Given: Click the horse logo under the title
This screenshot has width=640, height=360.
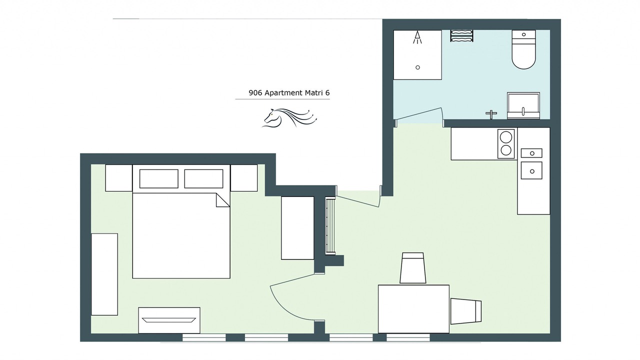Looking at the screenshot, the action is point(289,117).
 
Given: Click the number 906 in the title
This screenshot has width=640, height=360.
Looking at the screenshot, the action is point(255,93).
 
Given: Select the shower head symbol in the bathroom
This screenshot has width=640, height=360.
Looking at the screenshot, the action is point(417,37).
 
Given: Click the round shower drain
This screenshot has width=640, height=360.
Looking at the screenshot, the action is point(417,67).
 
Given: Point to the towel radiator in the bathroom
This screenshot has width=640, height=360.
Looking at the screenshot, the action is point(461,35).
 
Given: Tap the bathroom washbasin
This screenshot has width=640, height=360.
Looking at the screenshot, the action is point(523,105).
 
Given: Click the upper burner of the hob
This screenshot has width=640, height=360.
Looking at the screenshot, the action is point(506,136).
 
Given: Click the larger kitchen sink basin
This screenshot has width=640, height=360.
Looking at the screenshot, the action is point(531,170).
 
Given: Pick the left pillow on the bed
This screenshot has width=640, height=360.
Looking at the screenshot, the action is point(159,179).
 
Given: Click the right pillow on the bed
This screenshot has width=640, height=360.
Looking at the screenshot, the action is point(203,179).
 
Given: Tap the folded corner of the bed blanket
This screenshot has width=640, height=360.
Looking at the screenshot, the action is point(223,200).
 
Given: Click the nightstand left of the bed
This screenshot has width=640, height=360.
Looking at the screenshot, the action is point(119,178).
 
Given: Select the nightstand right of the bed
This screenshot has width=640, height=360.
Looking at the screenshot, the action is point(244,178).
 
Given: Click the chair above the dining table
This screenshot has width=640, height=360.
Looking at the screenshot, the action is point(413,268).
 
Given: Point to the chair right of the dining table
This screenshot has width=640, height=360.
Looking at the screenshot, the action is point(466,311).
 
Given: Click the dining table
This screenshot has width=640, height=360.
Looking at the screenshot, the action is point(413,309).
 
